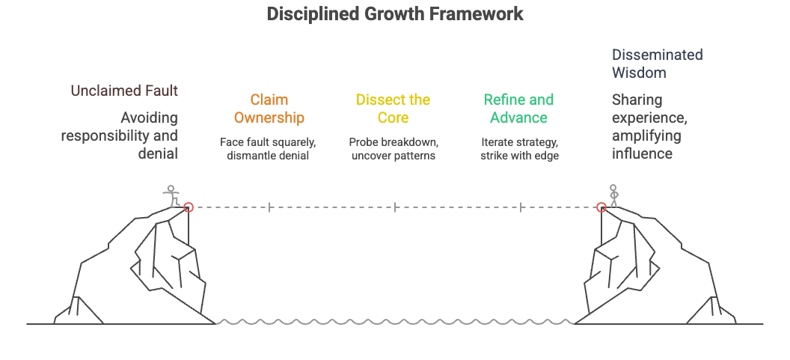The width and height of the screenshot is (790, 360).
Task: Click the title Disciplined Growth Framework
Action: click(395, 14)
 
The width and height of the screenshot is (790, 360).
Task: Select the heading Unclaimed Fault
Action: click(124, 91)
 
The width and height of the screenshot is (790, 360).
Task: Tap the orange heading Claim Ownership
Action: click(269, 109)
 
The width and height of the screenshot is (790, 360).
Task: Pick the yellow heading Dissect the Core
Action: click(394, 109)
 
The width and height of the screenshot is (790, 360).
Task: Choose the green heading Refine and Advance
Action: click(518, 109)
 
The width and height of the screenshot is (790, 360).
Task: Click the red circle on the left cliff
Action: click(189, 207)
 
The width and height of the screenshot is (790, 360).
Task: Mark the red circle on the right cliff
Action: click(601, 207)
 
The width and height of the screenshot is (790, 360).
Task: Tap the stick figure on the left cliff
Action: click(173, 196)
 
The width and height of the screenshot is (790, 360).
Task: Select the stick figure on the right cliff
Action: click(614, 195)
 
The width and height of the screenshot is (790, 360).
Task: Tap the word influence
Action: click(642, 153)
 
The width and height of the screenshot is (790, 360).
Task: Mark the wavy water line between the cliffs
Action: click(395, 323)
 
